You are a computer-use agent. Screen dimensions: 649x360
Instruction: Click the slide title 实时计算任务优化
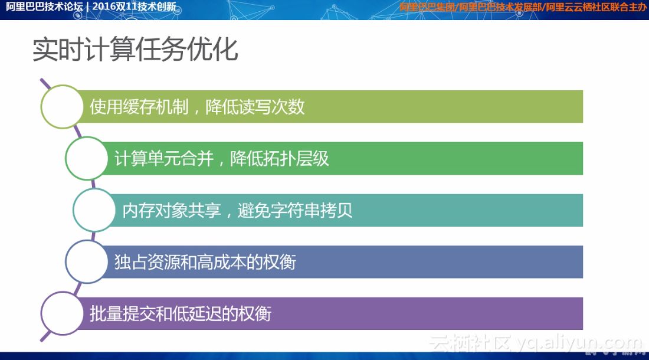[135, 50]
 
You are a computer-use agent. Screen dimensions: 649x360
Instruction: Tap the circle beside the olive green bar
[62, 107]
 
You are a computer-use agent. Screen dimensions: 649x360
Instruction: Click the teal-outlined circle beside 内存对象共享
[94, 210]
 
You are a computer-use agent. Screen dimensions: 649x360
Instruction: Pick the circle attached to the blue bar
[86, 261]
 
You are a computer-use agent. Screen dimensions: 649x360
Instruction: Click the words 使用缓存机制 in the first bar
[139, 107]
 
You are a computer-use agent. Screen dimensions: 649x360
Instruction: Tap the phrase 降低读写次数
[255, 107]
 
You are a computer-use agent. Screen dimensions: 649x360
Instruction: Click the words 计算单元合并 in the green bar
[163, 159]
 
